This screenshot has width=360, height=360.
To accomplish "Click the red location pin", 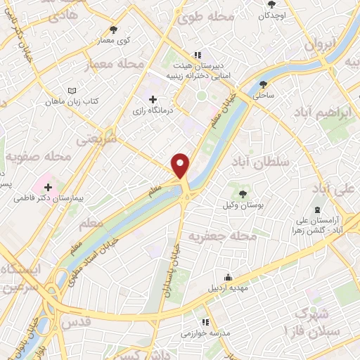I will click(x=181, y=165).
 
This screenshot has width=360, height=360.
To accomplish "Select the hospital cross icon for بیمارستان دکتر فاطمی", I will click(x=48, y=187).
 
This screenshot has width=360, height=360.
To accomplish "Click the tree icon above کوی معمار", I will click(x=114, y=30).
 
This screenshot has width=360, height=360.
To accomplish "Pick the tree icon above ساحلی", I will click(x=264, y=84).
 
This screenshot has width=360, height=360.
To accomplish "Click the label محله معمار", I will click(x=114, y=65).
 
